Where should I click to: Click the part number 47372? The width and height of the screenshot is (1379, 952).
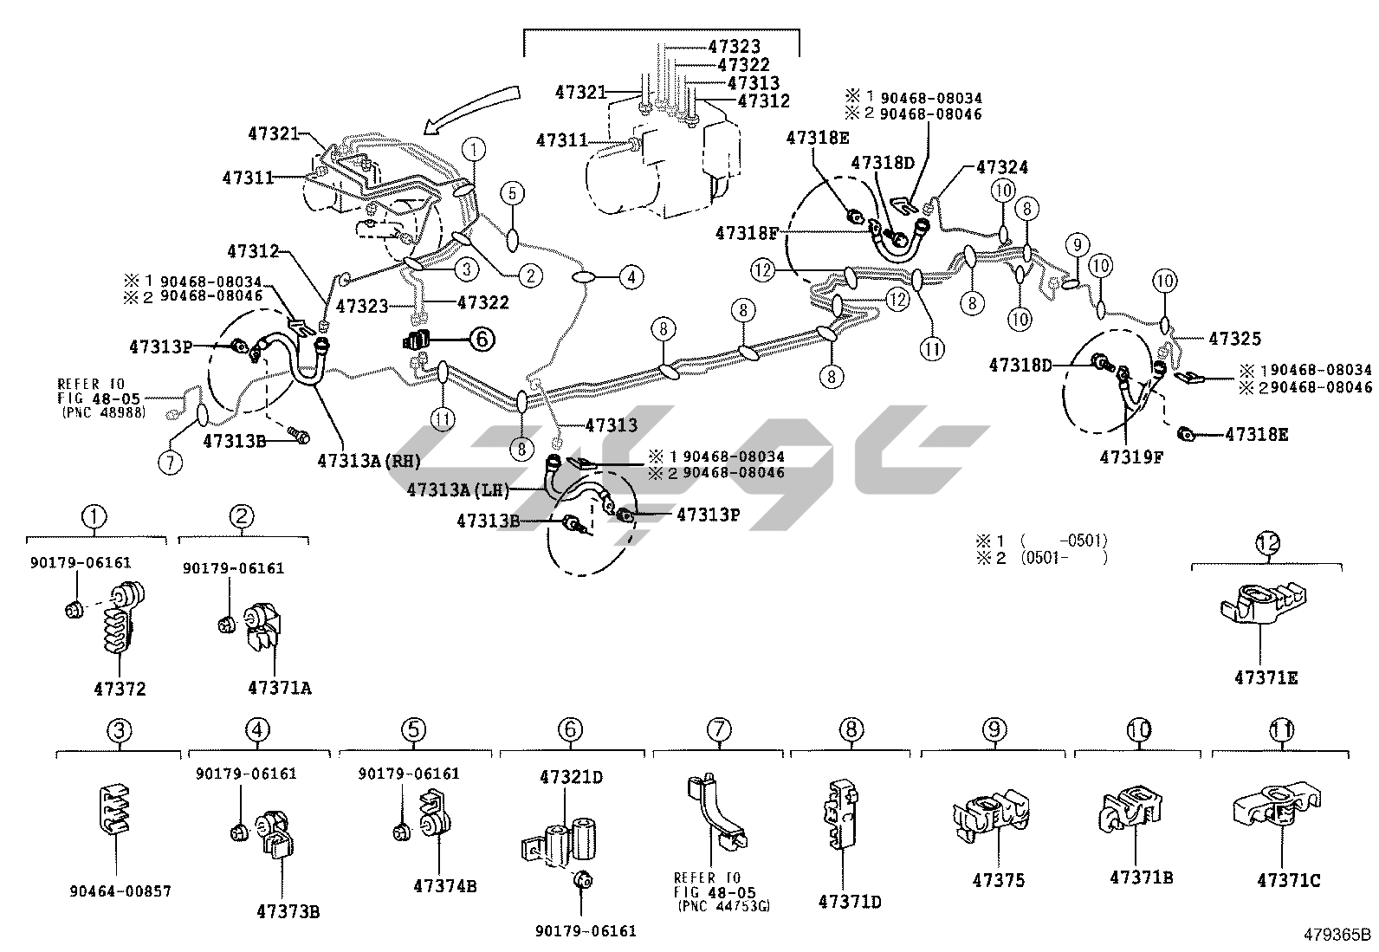click(x=120, y=690)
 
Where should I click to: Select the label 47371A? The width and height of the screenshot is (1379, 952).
click(x=279, y=688)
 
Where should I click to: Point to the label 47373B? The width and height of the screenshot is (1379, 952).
click(x=288, y=911)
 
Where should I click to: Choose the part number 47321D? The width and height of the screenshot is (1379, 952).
click(x=568, y=777)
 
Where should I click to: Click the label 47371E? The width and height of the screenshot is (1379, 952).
click(x=1266, y=677)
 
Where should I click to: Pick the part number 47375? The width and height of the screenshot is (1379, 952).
click(x=998, y=880)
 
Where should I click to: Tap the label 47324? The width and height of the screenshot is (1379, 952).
click(x=1001, y=167)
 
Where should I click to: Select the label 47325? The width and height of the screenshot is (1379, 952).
click(x=1234, y=340)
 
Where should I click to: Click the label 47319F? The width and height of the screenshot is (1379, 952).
click(x=1132, y=456)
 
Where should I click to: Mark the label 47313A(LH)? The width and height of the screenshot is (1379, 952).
click(x=456, y=490)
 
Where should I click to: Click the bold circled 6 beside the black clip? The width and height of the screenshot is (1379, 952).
click(x=482, y=340)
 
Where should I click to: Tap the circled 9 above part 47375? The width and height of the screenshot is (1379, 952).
click(x=993, y=730)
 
